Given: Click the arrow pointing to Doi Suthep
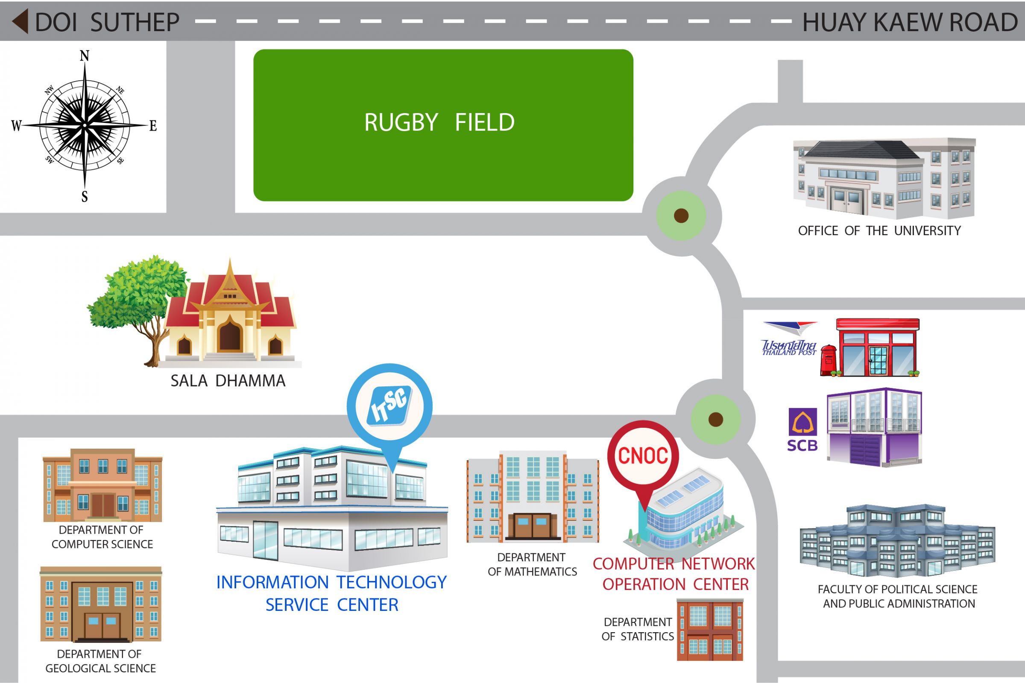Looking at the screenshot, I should coord(20,21).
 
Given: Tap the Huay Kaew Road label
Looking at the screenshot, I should coord(910,22).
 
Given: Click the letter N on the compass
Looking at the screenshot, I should coord(85,56).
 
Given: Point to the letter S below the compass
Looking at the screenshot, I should coord(85,197).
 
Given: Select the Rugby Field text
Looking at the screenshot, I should coord(439,123).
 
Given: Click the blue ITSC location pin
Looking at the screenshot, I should coord(389,406).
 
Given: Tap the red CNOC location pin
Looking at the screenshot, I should coord(643,456).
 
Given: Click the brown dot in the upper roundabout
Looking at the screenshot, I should coord(681,216).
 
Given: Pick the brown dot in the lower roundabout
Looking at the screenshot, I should coord(716,420).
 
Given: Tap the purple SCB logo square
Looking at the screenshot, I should coord(803,422).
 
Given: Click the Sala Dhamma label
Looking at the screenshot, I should coord(228,381).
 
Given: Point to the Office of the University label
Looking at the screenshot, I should coord(879,231).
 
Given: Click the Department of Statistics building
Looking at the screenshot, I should coord(710,630).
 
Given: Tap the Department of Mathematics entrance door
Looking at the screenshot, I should coord(532,526).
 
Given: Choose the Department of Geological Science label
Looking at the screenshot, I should coord(100,661).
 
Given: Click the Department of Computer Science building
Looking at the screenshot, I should coord(102,486).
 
